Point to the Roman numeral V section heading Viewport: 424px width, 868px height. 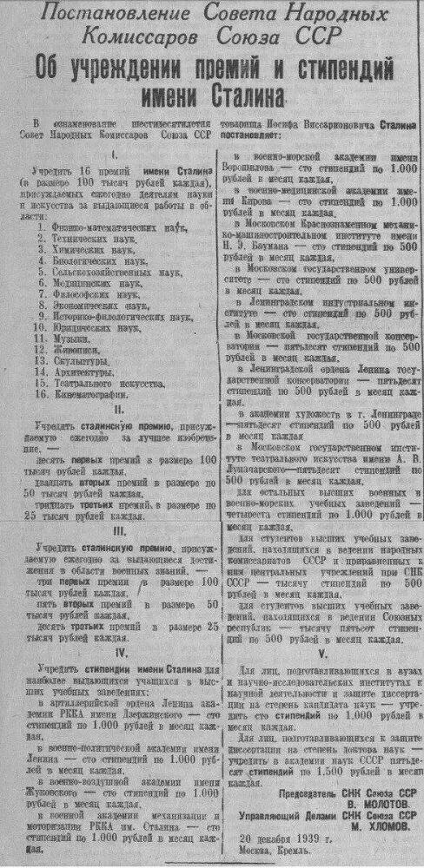click(322, 654)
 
